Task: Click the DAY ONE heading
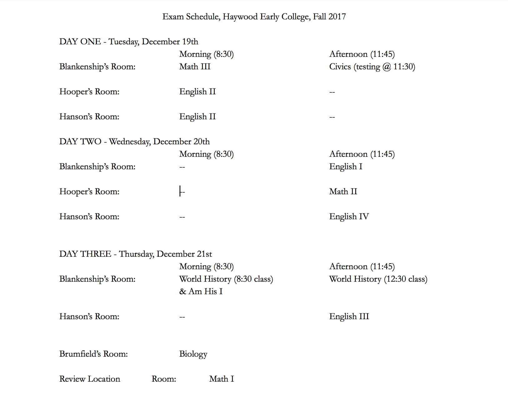point(80,42)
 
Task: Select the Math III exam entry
point(195,67)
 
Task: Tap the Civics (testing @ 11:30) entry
point(372,67)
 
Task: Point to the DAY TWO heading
point(80,141)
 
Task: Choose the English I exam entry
point(346,166)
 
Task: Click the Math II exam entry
point(343,191)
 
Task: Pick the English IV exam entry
point(349,216)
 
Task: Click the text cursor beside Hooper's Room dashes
point(180,191)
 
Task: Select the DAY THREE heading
point(85,254)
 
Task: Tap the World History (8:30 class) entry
point(226,279)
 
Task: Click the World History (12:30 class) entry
point(378,279)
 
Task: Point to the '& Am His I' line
point(201,291)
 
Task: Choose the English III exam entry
point(349,316)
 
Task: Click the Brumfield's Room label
point(93,354)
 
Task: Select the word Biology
point(193,354)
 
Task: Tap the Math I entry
point(221,379)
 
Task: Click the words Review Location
point(90,379)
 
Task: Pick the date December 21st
point(184,254)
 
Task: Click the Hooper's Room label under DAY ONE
point(89,92)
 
